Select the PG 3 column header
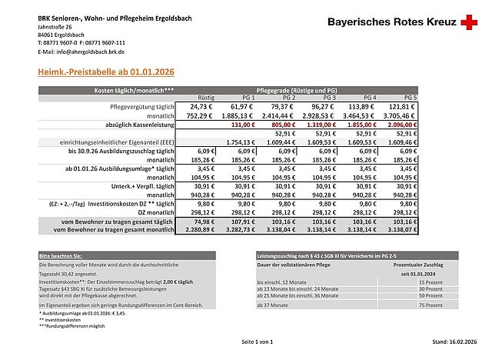click(x=330, y=98)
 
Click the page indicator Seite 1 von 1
click(x=256, y=341)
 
